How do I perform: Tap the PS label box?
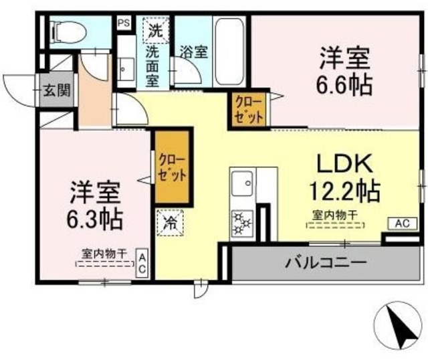[x=123, y=22]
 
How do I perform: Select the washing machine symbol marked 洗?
[x=154, y=29]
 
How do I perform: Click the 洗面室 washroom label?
[x=154, y=66]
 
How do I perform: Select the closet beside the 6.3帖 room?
[x=172, y=167]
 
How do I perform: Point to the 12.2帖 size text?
[x=344, y=191]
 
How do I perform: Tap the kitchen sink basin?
[x=241, y=181]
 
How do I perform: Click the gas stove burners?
[x=241, y=221]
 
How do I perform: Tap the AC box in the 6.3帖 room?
[x=142, y=263]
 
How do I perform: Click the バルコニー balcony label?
[x=327, y=261]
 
